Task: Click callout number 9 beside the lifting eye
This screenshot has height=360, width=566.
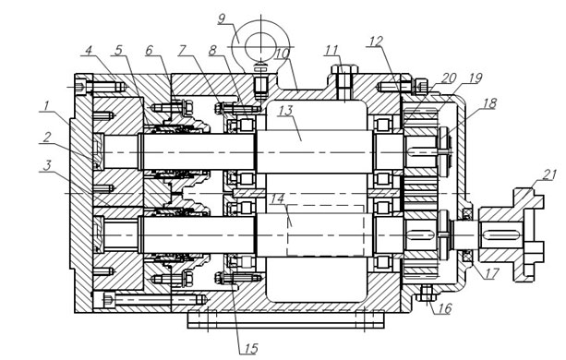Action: [x=222, y=18]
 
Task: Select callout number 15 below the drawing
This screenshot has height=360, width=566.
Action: [x=250, y=348]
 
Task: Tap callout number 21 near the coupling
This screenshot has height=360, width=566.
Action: [x=549, y=175]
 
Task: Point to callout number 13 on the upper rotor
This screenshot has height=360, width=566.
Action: [x=286, y=111]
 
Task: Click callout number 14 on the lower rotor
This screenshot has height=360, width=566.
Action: [x=278, y=198]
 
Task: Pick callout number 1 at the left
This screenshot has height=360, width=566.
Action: [x=46, y=105]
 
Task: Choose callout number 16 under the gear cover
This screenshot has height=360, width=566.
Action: [x=444, y=308]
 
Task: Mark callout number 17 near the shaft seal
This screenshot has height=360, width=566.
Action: [x=491, y=273]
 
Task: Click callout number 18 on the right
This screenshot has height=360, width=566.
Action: [x=489, y=103]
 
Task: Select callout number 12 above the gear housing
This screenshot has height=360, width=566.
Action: [x=376, y=42]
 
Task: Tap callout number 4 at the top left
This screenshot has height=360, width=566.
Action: [x=89, y=50]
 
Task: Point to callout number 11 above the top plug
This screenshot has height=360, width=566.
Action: [x=331, y=50]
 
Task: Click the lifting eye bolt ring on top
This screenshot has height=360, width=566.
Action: [x=259, y=45]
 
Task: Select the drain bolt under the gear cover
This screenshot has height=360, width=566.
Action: [x=427, y=294]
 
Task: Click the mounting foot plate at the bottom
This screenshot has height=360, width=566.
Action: [x=285, y=320]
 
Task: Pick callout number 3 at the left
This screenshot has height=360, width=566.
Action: [x=47, y=165]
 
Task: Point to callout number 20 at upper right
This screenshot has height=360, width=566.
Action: [x=450, y=78]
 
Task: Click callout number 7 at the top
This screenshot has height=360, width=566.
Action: [x=183, y=50]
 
